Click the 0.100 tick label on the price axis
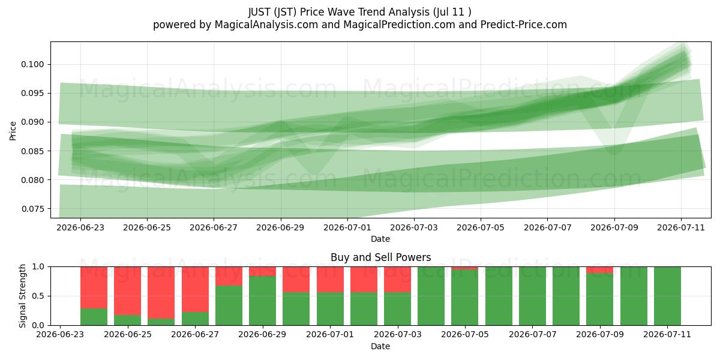[x=32, y=64]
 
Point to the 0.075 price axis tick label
[x=32, y=209]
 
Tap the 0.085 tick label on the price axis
[x=32, y=151]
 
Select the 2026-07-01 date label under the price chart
[x=347, y=227]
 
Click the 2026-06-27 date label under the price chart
[x=214, y=227]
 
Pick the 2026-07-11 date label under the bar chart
[x=667, y=334]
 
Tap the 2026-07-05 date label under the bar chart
[x=465, y=334]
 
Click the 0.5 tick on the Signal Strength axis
[x=38, y=296]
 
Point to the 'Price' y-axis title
[x=13, y=131]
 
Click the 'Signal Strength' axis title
[x=22, y=296]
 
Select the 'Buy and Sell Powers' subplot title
[x=380, y=257]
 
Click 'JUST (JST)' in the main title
[x=272, y=12]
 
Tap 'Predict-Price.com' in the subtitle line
[x=524, y=25]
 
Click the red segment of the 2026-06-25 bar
[x=128, y=291]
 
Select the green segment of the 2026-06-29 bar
[x=263, y=301]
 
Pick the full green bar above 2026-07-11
[x=667, y=296]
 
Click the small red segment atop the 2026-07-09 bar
[x=600, y=270]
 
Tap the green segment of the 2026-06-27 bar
[x=195, y=319]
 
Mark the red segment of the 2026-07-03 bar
[x=397, y=280]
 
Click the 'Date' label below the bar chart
[x=380, y=347]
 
